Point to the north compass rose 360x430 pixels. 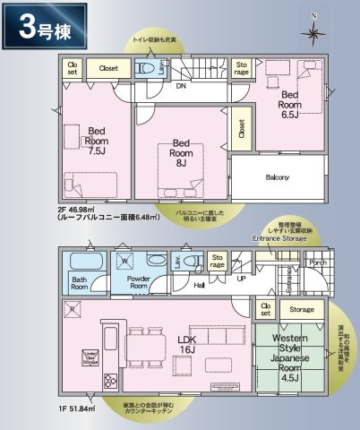coord(313,33)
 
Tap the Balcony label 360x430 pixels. coord(277,176)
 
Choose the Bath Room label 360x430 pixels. coord(84,283)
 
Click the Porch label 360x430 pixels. coord(317,263)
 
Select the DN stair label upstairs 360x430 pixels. coord(179,87)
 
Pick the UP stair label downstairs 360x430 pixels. coord(239,278)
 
